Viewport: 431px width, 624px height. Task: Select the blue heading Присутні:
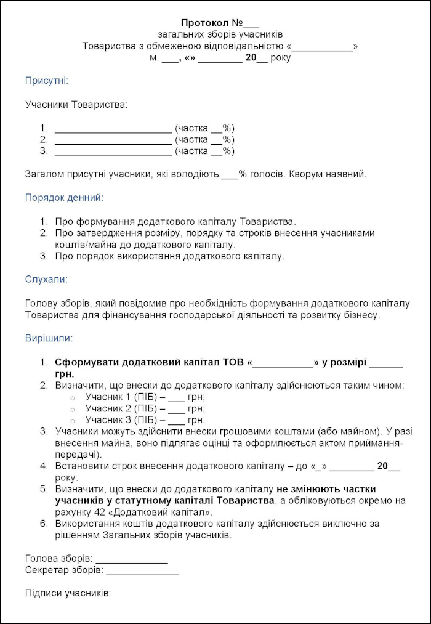[46, 81]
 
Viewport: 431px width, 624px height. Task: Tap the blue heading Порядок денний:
[64, 198]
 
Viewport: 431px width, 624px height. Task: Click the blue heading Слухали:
[46, 279]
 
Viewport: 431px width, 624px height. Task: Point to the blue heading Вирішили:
[49, 338]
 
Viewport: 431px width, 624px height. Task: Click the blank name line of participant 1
[113, 129]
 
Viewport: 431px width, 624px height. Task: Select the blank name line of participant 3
[113, 152]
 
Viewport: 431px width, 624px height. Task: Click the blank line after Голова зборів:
[131, 559]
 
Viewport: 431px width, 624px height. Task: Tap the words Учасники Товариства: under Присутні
[76, 105]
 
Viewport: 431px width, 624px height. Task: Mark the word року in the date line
[281, 58]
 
